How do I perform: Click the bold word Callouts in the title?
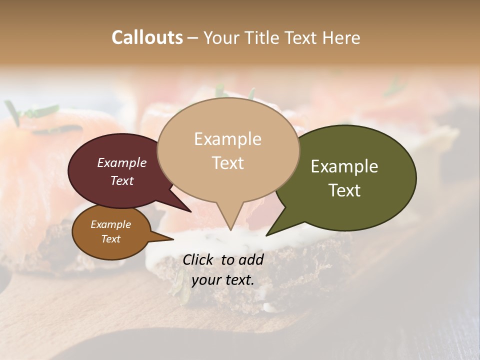(147, 37)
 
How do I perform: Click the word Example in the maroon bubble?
(121, 162)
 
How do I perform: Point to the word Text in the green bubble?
(344, 190)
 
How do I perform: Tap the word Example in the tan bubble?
(227, 139)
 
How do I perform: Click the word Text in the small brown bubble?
(110, 239)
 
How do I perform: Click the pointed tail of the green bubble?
(267, 234)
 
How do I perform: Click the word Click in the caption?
(198, 259)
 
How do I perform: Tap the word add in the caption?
(251, 259)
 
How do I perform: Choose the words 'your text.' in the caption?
(222, 280)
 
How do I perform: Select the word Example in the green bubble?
(344, 166)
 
